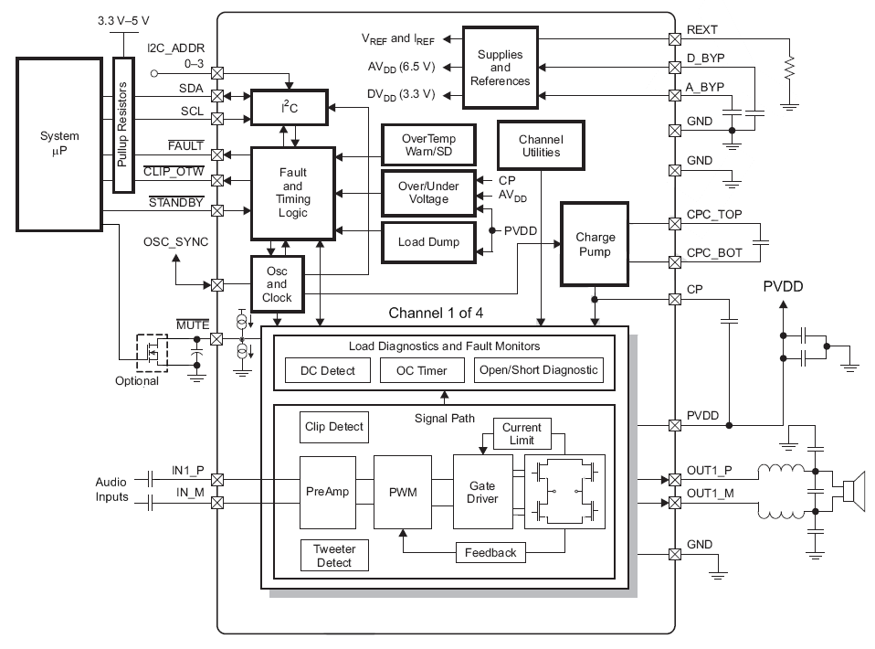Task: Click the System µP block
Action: click(60, 144)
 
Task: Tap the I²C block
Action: click(289, 108)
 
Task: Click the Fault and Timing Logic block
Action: click(292, 192)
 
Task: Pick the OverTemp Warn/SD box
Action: click(427, 144)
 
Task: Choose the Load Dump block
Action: click(427, 242)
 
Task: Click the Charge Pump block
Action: click(595, 244)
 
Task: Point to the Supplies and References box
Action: click(500, 68)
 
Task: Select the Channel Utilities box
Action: click(539, 145)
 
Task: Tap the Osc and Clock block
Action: click(276, 285)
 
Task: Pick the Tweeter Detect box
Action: click(333, 555)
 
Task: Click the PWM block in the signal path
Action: click(402, 493)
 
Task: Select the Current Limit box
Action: click(521, 433)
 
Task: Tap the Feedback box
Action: click(490, 552)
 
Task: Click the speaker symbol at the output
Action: click(852, 494)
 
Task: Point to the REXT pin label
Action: click(701, 30)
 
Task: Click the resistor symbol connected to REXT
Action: click(790, 66)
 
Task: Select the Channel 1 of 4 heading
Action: click(436, 313)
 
